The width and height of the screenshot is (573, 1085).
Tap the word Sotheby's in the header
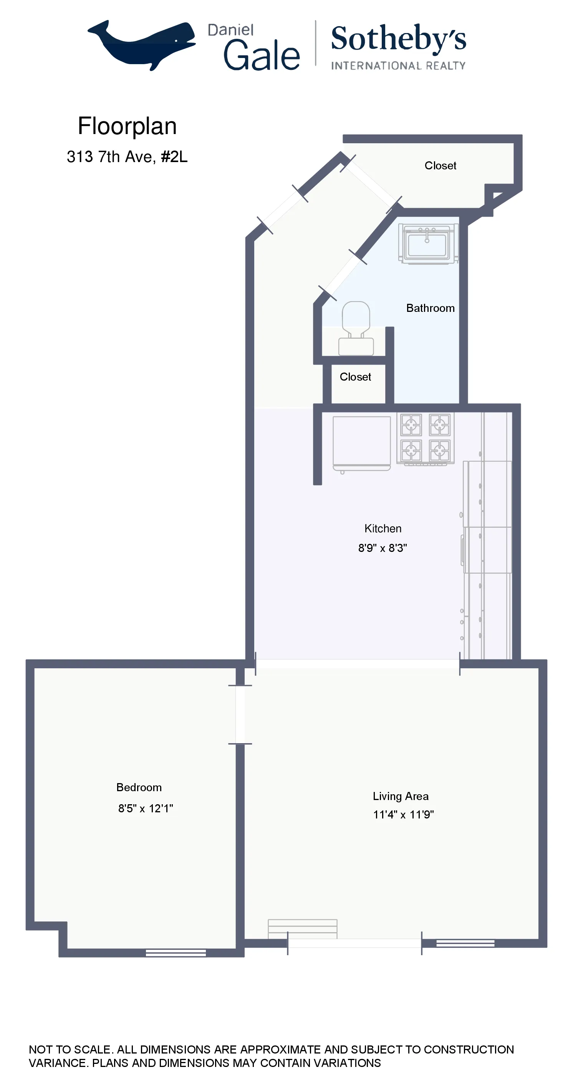pos(398,38)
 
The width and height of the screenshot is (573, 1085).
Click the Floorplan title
pos(127,126)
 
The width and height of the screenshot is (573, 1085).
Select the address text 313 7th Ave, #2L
pos(127,157)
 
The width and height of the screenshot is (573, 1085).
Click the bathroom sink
pos(427,244)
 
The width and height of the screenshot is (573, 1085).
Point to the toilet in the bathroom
pos(356,328)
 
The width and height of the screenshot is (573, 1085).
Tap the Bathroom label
pos(430,308)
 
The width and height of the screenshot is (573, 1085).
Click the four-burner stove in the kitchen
pos(425,439)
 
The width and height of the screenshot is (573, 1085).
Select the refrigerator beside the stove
pos(361,442)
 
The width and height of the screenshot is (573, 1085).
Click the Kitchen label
pos(383,528)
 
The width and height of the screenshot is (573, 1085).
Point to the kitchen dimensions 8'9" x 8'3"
pos(383,548)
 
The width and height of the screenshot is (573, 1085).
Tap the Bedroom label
pos(139,787)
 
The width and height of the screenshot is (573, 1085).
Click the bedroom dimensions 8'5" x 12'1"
pos(145,808)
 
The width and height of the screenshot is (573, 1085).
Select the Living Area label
pos(400,796)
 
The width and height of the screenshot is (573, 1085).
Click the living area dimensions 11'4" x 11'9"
pos(403,815)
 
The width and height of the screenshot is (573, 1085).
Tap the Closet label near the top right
pos(440,166)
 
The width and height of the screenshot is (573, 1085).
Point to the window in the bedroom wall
pos(176,952)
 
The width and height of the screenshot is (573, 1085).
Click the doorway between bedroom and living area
pos(240,714)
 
